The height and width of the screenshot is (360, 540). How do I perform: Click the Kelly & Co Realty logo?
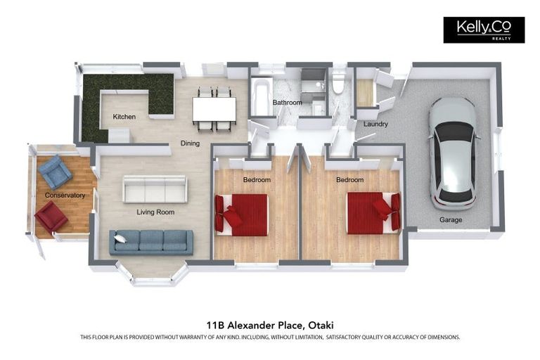coord(483,30)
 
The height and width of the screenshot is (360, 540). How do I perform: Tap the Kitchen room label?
coord(124,117)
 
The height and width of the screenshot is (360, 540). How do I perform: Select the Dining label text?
coord(190,143)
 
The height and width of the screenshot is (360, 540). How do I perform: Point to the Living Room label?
coord(155,211)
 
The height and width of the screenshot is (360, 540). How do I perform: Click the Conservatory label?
coord(65,195)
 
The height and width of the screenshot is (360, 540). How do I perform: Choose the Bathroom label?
coord(287,103)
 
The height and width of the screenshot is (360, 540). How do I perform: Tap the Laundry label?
coord(375,124)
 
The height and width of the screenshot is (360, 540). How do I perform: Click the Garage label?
coord(451,220)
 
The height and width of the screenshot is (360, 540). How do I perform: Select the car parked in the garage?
coord(452,153)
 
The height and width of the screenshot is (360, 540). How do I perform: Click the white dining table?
coord(214,108)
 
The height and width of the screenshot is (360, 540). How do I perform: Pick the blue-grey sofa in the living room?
coord(151,241)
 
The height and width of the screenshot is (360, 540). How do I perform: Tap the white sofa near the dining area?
coord(155,188)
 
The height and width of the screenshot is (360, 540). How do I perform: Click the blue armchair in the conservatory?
coord(54,171)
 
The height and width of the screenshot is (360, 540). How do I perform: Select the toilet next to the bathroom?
coord(338,84)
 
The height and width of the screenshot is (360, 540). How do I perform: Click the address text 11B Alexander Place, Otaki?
coord(270,325)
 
